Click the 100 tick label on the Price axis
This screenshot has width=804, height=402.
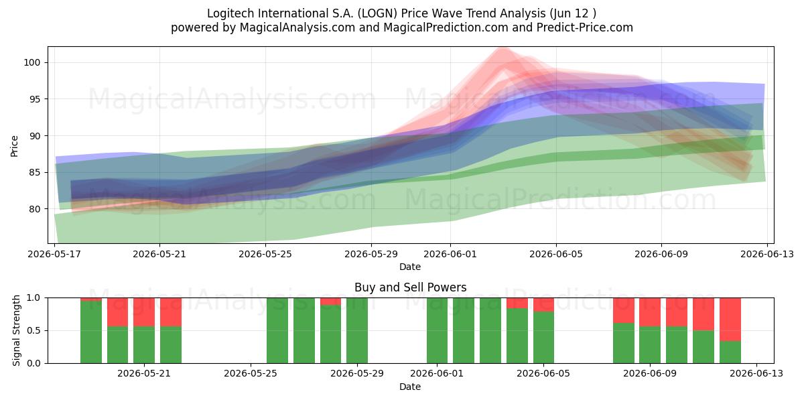coord(31,62)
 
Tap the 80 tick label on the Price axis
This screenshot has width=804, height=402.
coord(33,209)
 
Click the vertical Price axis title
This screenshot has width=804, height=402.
coord(14,146)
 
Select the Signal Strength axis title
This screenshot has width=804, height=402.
coord(16,330)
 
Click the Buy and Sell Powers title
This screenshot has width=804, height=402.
coord(410,287)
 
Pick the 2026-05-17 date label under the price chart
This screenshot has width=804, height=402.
coord(54,254)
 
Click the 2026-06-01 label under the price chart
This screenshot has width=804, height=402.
coord(450,254)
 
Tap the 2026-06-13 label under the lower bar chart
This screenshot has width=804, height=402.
coord(756,374)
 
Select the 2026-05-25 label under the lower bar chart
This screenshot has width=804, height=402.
coord(251,374)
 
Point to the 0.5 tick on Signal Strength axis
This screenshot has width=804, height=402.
coord(33,330)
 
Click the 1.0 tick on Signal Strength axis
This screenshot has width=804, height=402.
coord(33,298)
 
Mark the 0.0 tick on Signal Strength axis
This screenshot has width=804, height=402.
coord(33,363)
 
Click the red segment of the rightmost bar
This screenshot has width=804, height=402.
coord(730,320)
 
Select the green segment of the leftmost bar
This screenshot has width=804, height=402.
coord(91,332)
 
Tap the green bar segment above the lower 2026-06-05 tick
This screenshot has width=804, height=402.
coord(543,338)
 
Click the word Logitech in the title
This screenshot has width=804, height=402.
coord(230,13)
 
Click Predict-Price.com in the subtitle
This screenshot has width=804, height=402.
coord(585,27)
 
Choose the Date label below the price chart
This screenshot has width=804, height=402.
coord(410,267)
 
